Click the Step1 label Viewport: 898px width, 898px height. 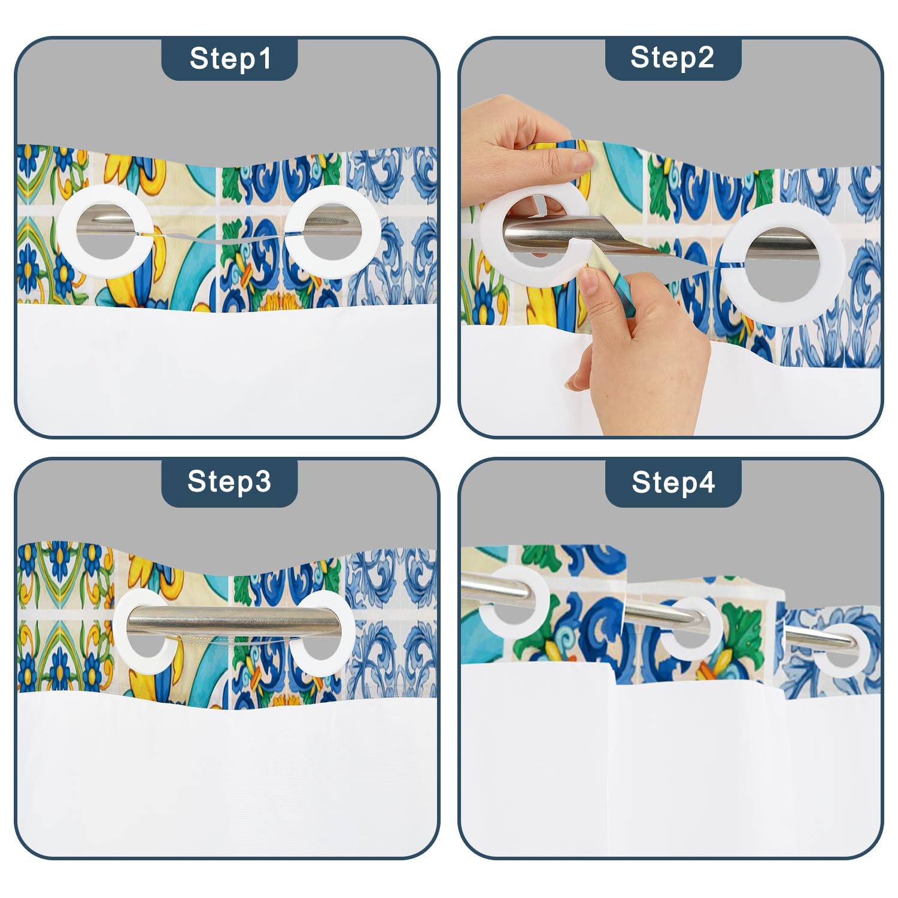(x=230, y=59)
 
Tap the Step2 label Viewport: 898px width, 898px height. (x=672, y=57)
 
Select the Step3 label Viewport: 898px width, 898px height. (x=229, y=481)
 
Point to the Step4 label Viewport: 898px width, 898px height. (x=673, y=482)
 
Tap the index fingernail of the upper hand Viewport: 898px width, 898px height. (x=581, y=160)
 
